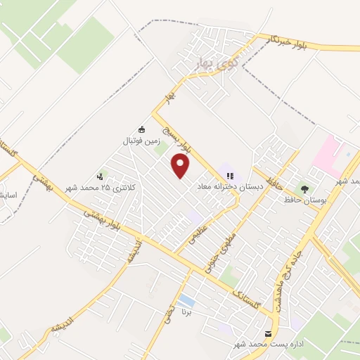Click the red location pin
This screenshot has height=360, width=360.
pos(181,167)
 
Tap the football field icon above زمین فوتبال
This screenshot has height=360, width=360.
pos(141,129)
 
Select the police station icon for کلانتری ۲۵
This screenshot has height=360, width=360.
pos(101,176)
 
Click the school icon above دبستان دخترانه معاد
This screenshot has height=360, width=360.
pos(229,176)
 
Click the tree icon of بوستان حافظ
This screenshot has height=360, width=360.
pos(304,188)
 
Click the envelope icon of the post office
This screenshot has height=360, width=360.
pos(267,333)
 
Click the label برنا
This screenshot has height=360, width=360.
pos(186,310)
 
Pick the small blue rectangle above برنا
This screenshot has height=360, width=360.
pos(186,300)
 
